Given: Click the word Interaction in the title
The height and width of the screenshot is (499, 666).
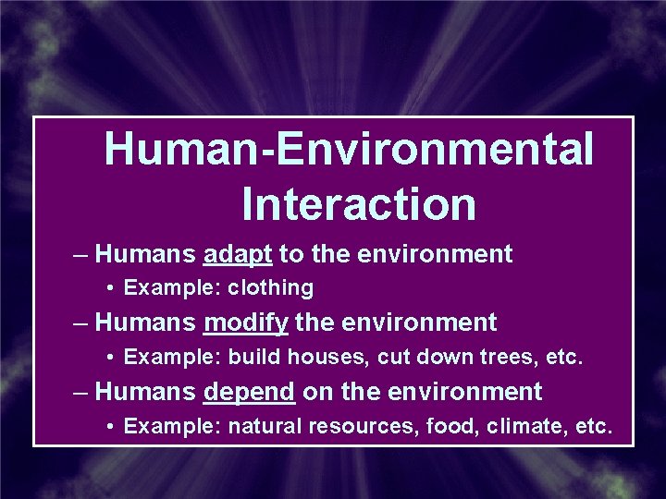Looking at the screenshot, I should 359,203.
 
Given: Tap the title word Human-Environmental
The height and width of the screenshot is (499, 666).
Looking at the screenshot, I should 349,149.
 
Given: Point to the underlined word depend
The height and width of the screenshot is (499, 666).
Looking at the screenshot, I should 249,392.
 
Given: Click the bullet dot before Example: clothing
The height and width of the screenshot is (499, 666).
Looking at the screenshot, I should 110,288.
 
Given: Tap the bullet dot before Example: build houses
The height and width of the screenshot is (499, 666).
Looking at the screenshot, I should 110,358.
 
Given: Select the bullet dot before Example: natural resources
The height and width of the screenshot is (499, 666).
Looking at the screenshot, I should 110,427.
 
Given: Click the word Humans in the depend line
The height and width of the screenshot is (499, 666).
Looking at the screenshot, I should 145,392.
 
